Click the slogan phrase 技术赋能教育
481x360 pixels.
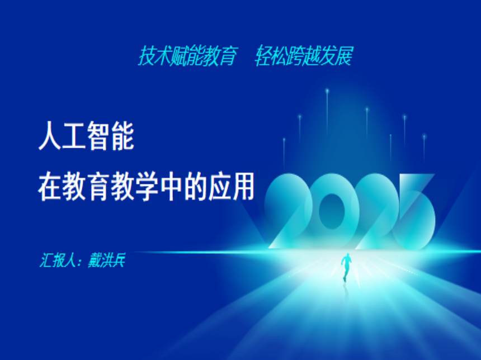click(188, 55)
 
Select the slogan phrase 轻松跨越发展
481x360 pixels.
click(304, 55)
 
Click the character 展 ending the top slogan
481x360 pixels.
click(344, 55)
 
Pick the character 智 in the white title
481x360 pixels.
click(98, 136)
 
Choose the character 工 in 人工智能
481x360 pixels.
click(74, 136)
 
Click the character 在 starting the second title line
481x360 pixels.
click(49, 187)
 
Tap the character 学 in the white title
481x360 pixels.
click(147, 187)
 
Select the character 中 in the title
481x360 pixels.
click(171, 187)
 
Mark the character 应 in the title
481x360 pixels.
click(220, 187)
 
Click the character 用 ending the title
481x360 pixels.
click(243, 187)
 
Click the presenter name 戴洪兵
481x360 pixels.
click(106, 260)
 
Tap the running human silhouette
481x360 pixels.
click(346, 267)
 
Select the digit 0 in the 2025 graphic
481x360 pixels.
click(332, 211)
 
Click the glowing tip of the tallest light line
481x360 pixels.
click(327, 91)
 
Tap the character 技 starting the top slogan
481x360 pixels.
click(147, 55)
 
